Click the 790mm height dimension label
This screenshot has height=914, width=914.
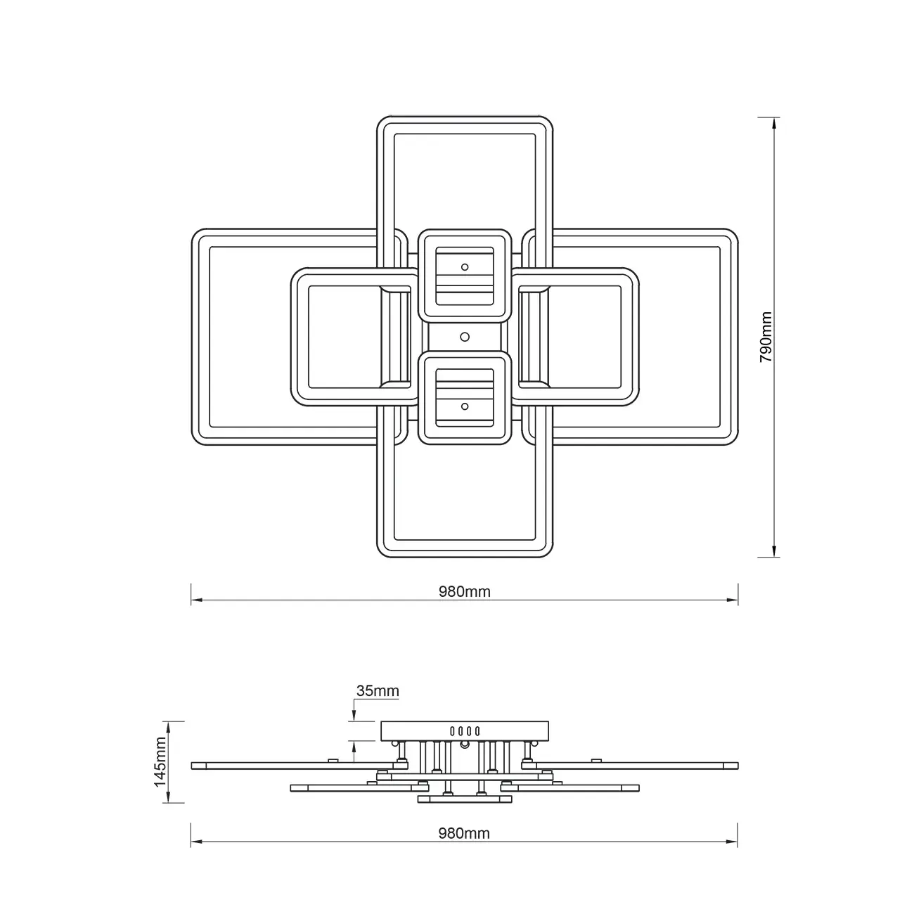pyautogui.click(x=766, y=337)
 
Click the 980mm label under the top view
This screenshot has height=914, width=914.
pyautogui.click(x=464, y=591)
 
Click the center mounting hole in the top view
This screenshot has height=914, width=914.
pyautogui.click(x=465, y=337)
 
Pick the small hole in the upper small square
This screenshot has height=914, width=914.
pyautogui.click(x=465, y=267)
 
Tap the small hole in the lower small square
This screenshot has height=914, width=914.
pyautogui.click(x=465, y=406)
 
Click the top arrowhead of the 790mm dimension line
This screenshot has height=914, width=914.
pyautogui.click(x=775, y=123)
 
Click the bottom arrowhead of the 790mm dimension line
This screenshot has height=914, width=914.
pyautogui.click(x=775, y=551)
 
